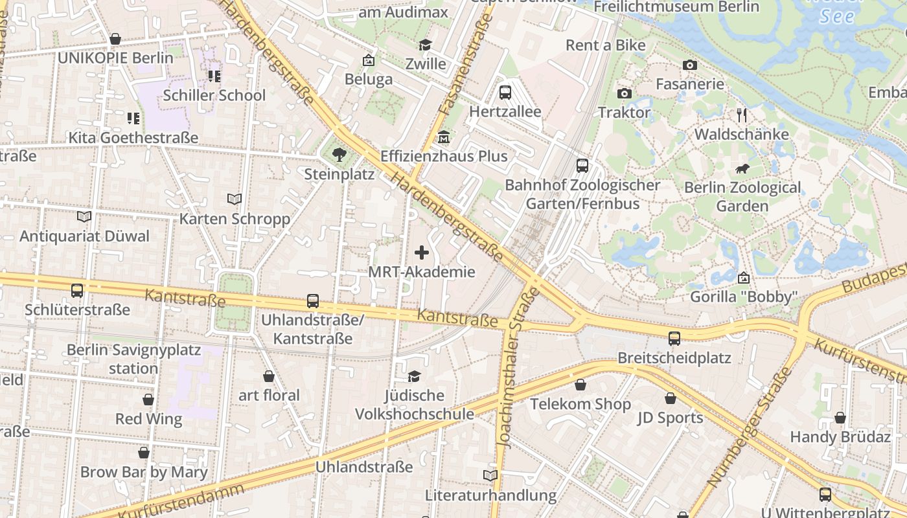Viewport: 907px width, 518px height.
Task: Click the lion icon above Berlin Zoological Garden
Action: pyautogui.click(x=742, y=170)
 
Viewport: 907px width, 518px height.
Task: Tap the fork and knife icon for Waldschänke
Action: pyautogui.click(x=742, y=115)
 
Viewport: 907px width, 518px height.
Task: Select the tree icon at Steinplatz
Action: pyautogui.click(x=339, y=155)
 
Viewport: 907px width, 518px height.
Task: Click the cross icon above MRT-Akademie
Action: pyautogui.click(x=422, y=253)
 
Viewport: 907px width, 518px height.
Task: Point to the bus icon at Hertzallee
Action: pyautogui.click(x=505, y=93)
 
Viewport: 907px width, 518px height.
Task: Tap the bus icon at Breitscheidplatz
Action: pyautogui.click(x=674, y=339)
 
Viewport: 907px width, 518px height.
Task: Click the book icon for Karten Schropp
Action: pyautogui.click(x=235, y=199)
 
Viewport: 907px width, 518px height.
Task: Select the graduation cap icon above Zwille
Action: pyautogui.click(x=425, y=45)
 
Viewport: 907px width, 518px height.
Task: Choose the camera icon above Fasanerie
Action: pyautogui.click(x=690, y=65)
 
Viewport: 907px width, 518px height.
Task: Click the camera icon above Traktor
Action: pyautogui.click(x=625, y=93)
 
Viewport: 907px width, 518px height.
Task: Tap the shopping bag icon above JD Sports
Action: pyautogui.click(x=671, y=398)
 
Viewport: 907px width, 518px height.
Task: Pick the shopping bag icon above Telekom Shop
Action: pyautogui.click(x=580, y=385)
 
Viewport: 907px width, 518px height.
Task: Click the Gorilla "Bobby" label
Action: pyautogui.click(x=743, y=297)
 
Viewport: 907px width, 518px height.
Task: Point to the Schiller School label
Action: pyautogui.click(x=214, y=95)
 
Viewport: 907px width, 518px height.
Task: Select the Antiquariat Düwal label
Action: pyautogui.click(x=84, y=236)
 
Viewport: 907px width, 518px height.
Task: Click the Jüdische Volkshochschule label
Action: pyautogui.click(x=415, y=405)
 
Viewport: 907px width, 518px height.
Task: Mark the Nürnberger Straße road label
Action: pyautogui.click(x=750, y=427)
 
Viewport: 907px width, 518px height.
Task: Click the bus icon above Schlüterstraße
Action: pyautogui.click(x=77, y=291)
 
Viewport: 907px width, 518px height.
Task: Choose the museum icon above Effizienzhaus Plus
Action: pyautogui.click(x=444, y=137)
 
